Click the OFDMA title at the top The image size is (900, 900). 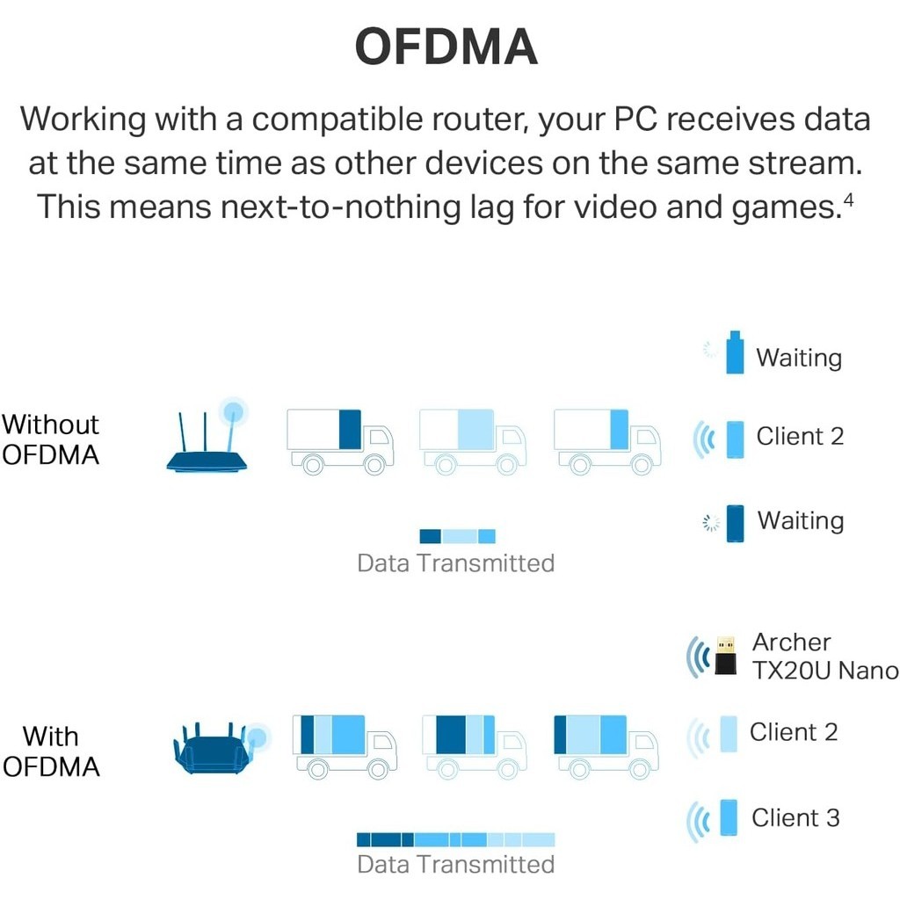(446, 47)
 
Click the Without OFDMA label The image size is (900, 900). (50, 439)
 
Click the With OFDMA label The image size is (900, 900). (51, 751)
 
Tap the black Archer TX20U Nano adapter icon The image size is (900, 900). (725, 656)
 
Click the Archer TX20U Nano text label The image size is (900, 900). (824, 656)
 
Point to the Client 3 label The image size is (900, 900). (795, 818)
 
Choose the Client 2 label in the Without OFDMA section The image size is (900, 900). (800, 436)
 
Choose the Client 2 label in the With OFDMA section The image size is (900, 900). (794, 732)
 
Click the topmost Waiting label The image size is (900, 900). (799, 358)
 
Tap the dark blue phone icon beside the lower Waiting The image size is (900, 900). (735, 523)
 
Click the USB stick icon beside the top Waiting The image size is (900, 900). (735, 352)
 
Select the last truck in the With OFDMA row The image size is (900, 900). (606, 746)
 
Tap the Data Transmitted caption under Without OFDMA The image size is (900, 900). (456, 563)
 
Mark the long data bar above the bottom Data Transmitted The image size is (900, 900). (456, 839)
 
